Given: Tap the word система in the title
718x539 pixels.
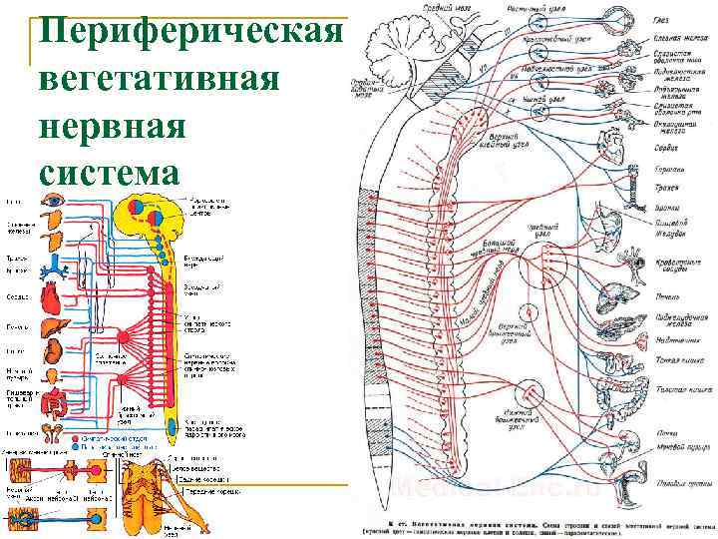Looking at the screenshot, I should coord(109,172).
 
